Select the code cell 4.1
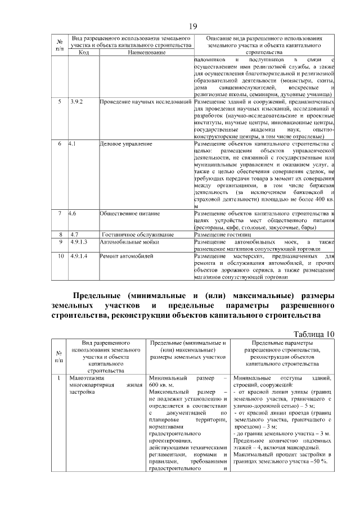[73, 145]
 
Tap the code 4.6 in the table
[73, 214]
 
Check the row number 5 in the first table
[60, 102]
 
